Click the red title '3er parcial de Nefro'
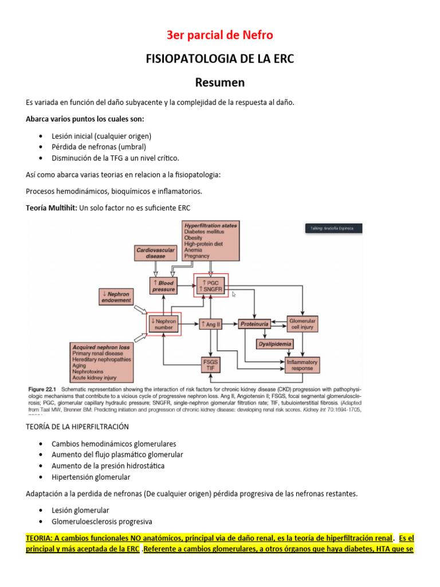[x=220, y=36]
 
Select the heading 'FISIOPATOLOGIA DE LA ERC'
[x=220, y=59]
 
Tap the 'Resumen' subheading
[x=220, y=83]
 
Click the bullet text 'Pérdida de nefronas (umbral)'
[x=99, y=147]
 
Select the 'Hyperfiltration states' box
[x=211, y=240]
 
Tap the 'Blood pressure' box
[x=163, y=286]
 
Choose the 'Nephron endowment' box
[x=116, y=297]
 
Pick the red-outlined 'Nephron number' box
[x=164, y=324]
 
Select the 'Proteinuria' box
[x=254, y=324]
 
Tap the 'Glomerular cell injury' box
[x=302, y=324]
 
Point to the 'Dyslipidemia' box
[x=274, y=345]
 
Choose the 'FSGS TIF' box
[x=211, y=365]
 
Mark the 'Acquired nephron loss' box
[x=101, y=363]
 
